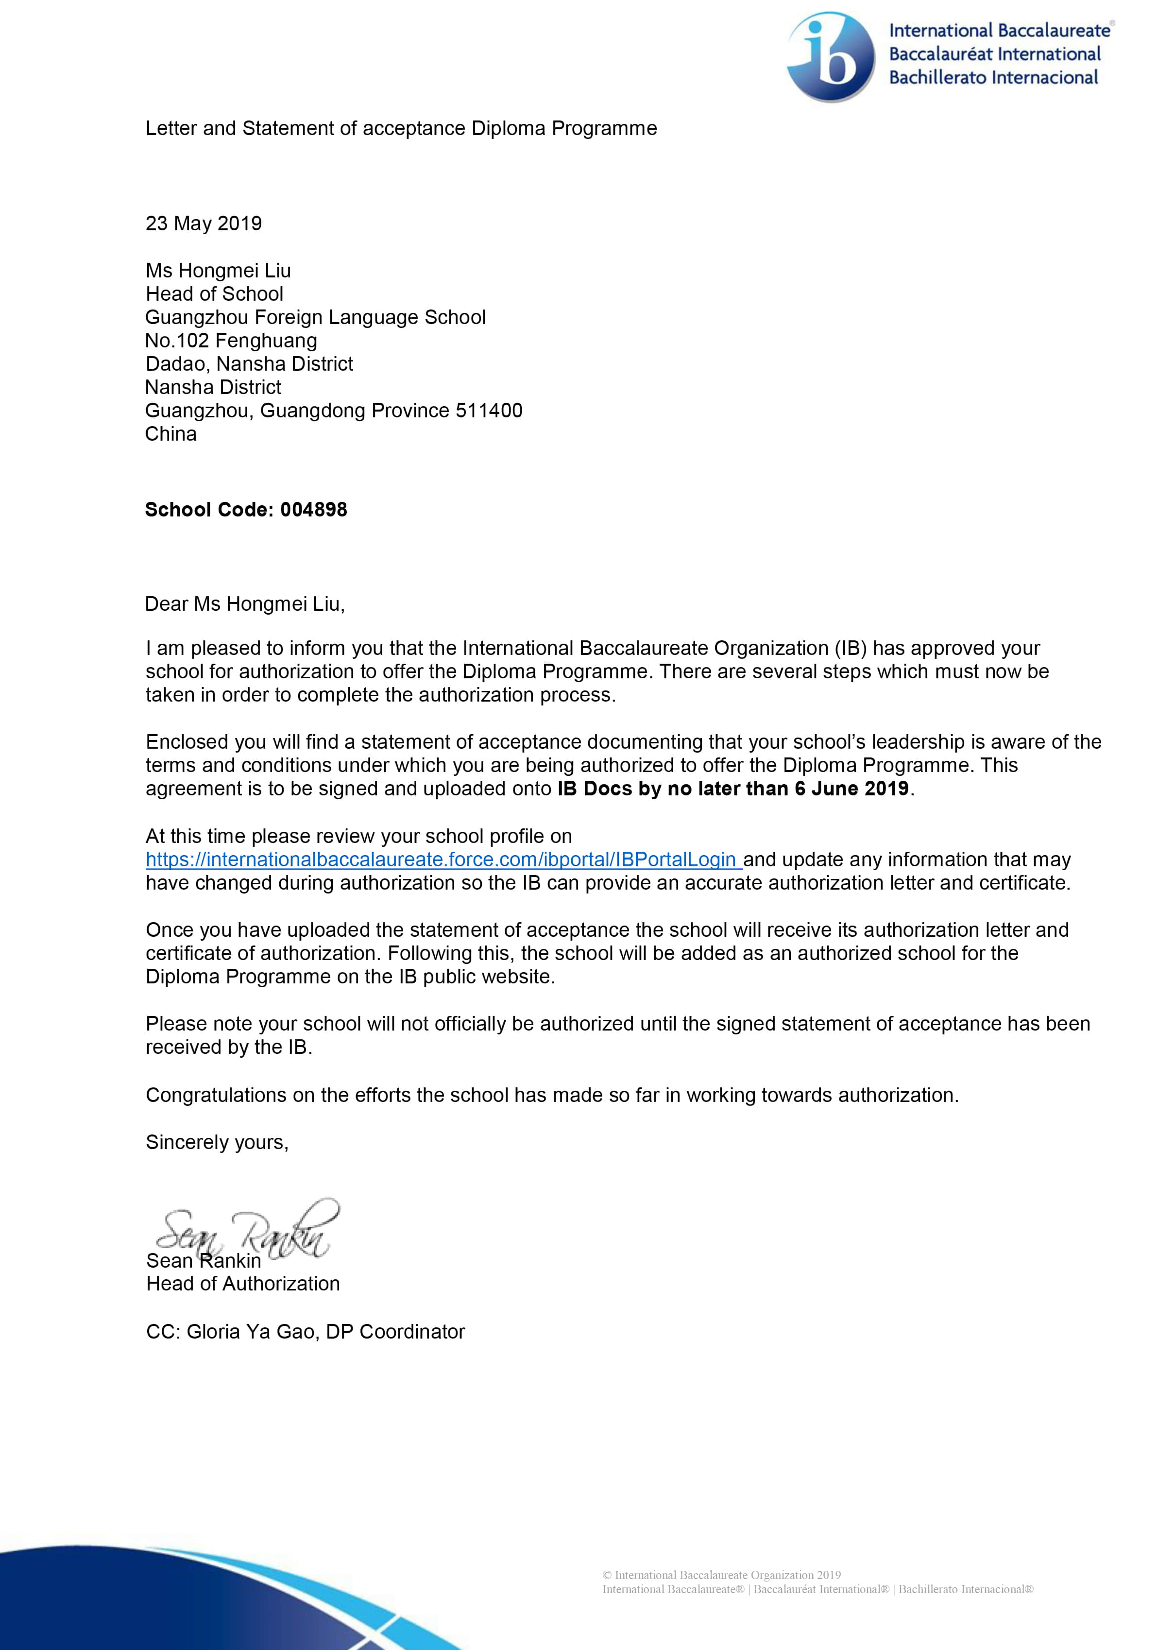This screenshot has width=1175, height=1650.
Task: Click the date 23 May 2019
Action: click(x=204, y=223)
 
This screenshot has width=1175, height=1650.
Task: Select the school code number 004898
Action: click(x=313, y=510)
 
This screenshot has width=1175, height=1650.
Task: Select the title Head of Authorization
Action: click(x=242, y=1284)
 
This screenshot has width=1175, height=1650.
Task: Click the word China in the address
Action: click(x=171, y=434)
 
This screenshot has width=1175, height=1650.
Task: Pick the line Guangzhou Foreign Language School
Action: click(x=315, y=318)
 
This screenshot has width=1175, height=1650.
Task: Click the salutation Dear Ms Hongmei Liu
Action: click(x=244, y=604)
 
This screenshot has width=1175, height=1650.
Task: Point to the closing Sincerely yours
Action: click(x=217, y=1143)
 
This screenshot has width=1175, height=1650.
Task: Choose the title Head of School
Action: click(x=214, y=294)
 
